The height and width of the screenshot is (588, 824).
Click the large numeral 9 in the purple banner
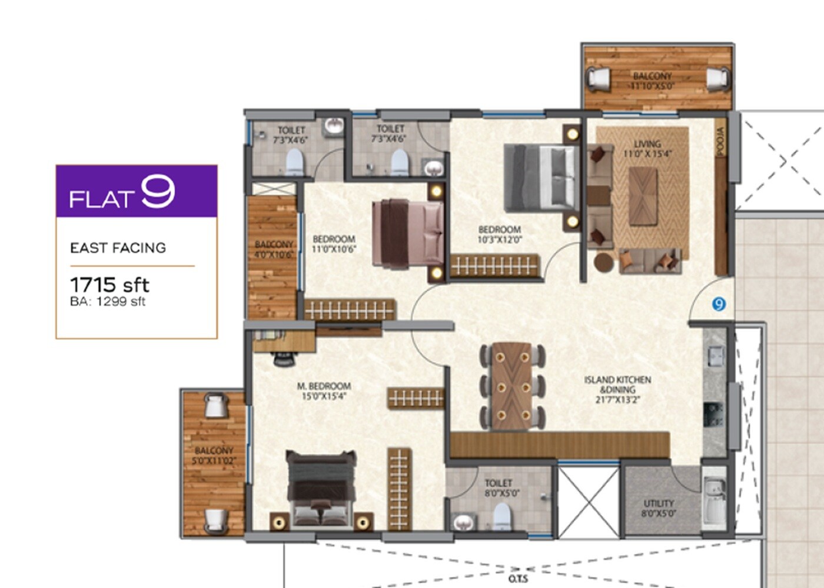158,192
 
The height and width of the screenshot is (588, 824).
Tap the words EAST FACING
118,248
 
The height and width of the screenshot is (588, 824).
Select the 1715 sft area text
109,285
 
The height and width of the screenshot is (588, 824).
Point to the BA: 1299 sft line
108,302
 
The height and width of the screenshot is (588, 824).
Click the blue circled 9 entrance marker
719,304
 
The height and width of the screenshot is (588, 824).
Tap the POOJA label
721,142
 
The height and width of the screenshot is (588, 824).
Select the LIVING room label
647,144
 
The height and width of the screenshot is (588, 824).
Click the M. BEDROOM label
324,386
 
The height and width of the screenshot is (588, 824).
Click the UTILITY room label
658,503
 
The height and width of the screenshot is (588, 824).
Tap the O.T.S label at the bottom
518,579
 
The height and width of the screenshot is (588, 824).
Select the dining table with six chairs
512,385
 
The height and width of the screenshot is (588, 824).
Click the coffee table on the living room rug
643,196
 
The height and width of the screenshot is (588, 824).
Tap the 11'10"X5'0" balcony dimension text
652,86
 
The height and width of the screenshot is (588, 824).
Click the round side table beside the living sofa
603,262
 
